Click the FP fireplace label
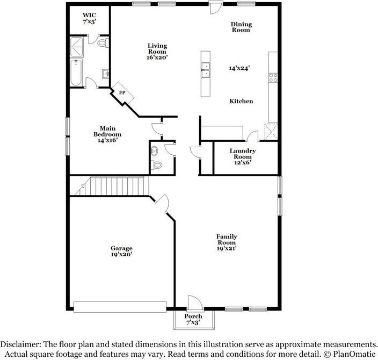click(x=122, y=92)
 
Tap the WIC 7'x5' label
click(x=90, y=18)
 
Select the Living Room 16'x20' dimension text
click(x=157, y=57)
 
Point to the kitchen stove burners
click(x=273, y=78)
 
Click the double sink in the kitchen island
click(x=206, y=70)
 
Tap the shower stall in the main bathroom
click(x=76, y=47)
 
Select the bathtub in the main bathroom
click(x=76, y=73)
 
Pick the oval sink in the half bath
click(x=154, y=151)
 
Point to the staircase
click(x=112, y=186)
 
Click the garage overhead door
click(x=120, y=307)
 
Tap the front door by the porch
click(x=195, y=303)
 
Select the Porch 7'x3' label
click(x=193, y=319)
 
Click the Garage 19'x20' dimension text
click(x=121, y=254)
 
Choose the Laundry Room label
click(x=243, y=154)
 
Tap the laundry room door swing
click(x=252, y=135)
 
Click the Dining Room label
click(x=241, y=27)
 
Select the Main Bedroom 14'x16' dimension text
click(x=107, y=140)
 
